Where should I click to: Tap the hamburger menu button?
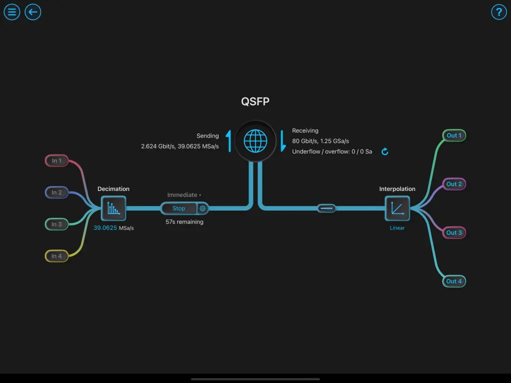coord(12,12)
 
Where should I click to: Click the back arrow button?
coord(33,12)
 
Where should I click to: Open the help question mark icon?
coord(499,12)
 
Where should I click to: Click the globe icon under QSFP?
coord(255,141)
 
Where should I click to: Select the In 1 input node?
coord(57,161)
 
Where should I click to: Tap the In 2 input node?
coord(57,192)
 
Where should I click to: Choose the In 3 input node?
coord(57,224)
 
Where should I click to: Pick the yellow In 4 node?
coord(57,256)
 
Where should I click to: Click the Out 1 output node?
coord(454,136)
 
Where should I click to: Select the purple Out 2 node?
coord(454,184)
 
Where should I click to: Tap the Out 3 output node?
coord(454,233)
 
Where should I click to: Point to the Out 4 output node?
coord(454,281)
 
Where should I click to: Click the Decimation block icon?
coord(114,208)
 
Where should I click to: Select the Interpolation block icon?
coord(397,208)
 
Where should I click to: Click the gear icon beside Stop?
coord(203,208)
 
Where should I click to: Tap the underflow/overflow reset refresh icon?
coord(385,152)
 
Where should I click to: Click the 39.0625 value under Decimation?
coord(105,228)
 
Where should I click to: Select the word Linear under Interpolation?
coord(397,228)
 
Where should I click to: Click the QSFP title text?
coord(255,102)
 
